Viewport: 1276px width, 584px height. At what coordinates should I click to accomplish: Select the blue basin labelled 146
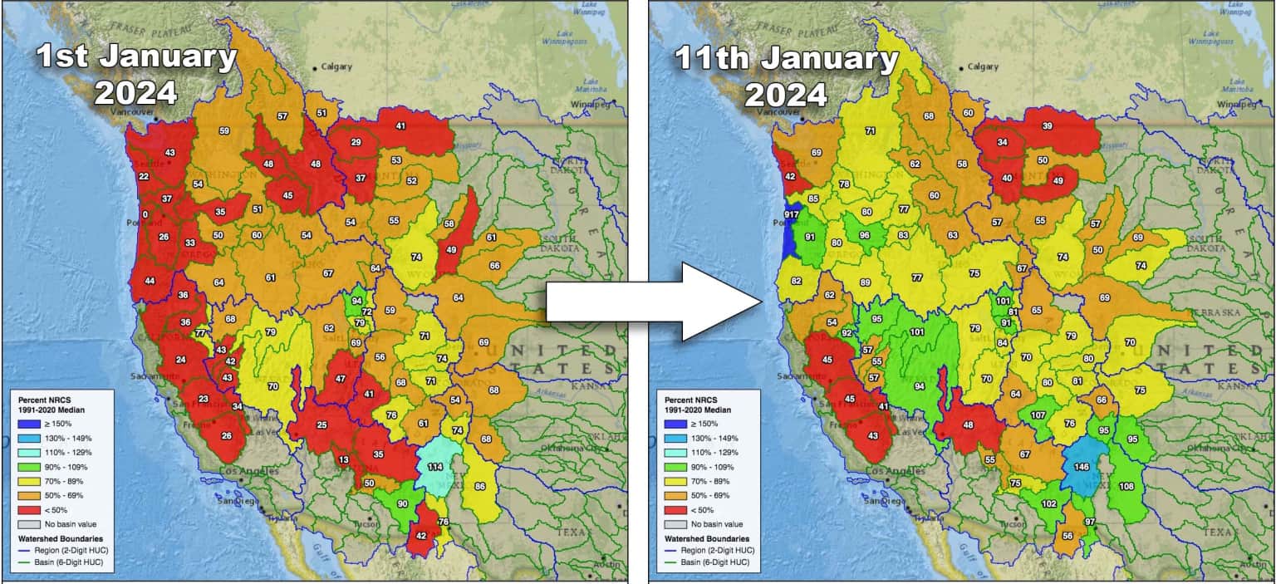1082,467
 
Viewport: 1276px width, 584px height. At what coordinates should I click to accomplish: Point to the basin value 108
1126,486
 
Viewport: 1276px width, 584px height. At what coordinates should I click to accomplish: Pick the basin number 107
1038,415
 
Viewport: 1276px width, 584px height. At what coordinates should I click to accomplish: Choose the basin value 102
1049,503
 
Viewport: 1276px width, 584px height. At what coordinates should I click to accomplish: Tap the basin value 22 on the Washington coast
144,176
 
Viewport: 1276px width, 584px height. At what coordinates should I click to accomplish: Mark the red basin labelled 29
356,143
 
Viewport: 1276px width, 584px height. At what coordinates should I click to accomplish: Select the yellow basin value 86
479,486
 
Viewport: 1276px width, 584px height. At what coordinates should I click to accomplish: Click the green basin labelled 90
402,503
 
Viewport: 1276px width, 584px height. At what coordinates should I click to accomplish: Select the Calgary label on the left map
336,66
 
